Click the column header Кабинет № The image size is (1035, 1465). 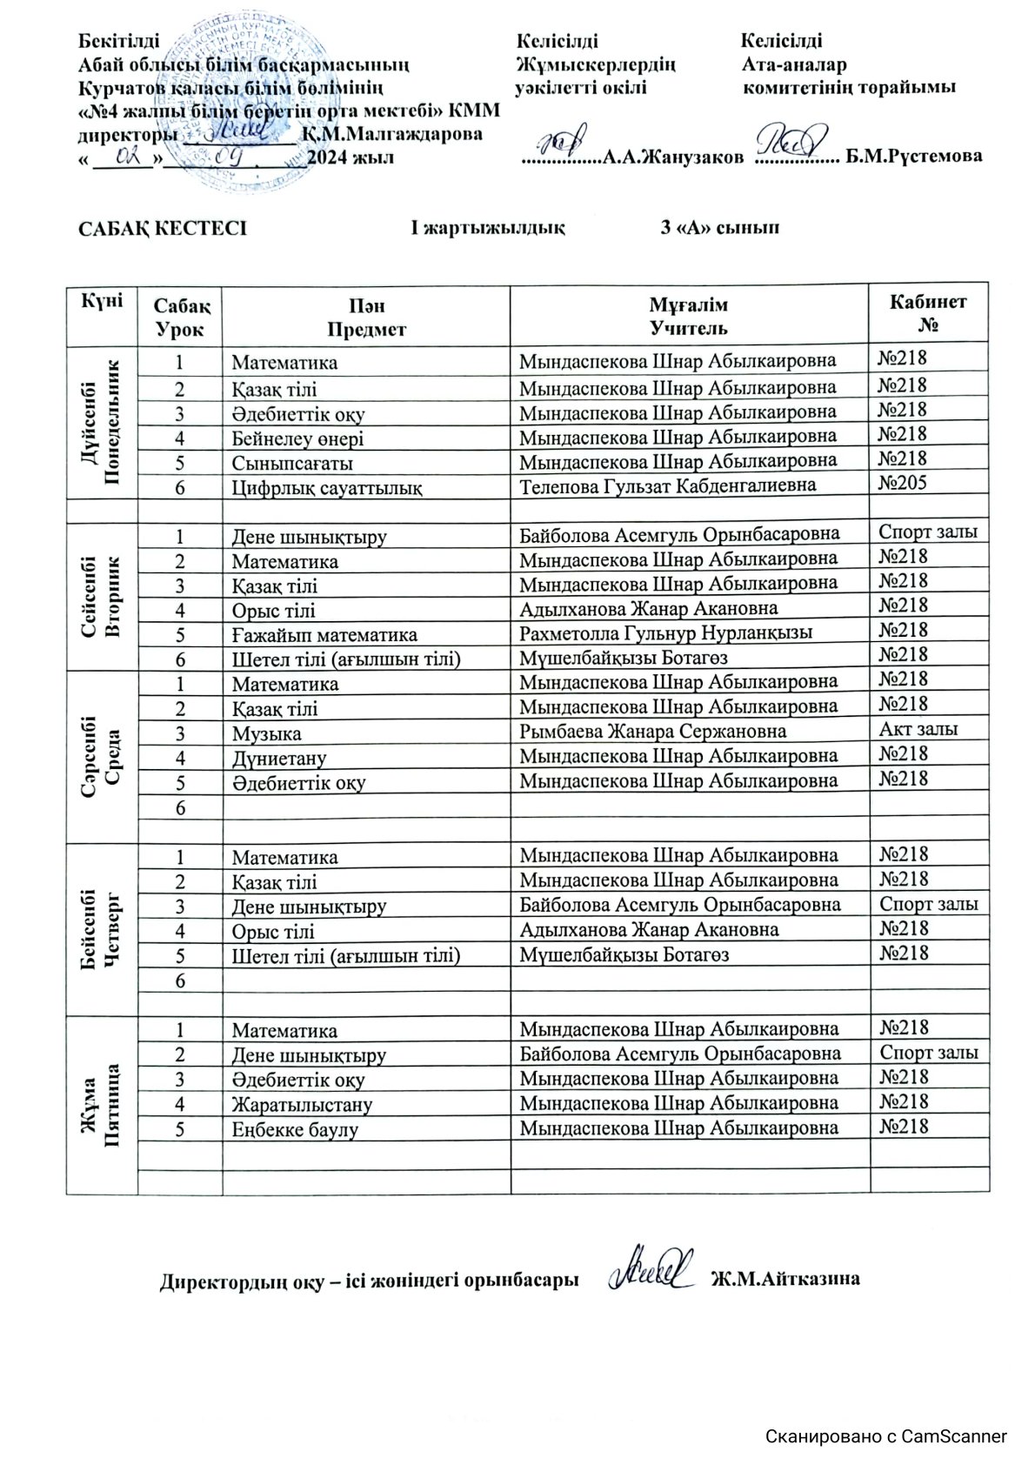pyautogui.click(x=927, y=314)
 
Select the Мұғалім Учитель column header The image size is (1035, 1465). pyautogui.click(x=688, y=316)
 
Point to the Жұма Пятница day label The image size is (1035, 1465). pyautogui.click(x=102, y=1104)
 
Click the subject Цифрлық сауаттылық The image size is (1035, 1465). pyautogui.click(x=326, y=487)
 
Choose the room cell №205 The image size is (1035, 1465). pyautogui.click(x=903, y=484)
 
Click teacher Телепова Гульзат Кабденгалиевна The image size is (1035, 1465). pyautogui.click(x=667, y=485)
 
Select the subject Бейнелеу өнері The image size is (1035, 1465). pyautogui.click(x=297, y=438)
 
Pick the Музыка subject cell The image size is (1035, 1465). pyautogui.click(x=266, y=734)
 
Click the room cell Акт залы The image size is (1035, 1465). pyautogui.click(x=918, y=729)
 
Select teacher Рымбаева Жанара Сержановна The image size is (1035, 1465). pyautogui.click(x=652, y=732)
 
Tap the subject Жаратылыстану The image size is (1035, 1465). pyautogui.click(x=301, y=1105)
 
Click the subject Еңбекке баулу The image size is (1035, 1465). pyautogui.click(x=294, y=1129)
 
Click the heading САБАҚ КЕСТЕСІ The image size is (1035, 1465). pyautogui.click(x=163, y=229)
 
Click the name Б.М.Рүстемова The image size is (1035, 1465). pyautogui.click(x=914, y=157)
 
